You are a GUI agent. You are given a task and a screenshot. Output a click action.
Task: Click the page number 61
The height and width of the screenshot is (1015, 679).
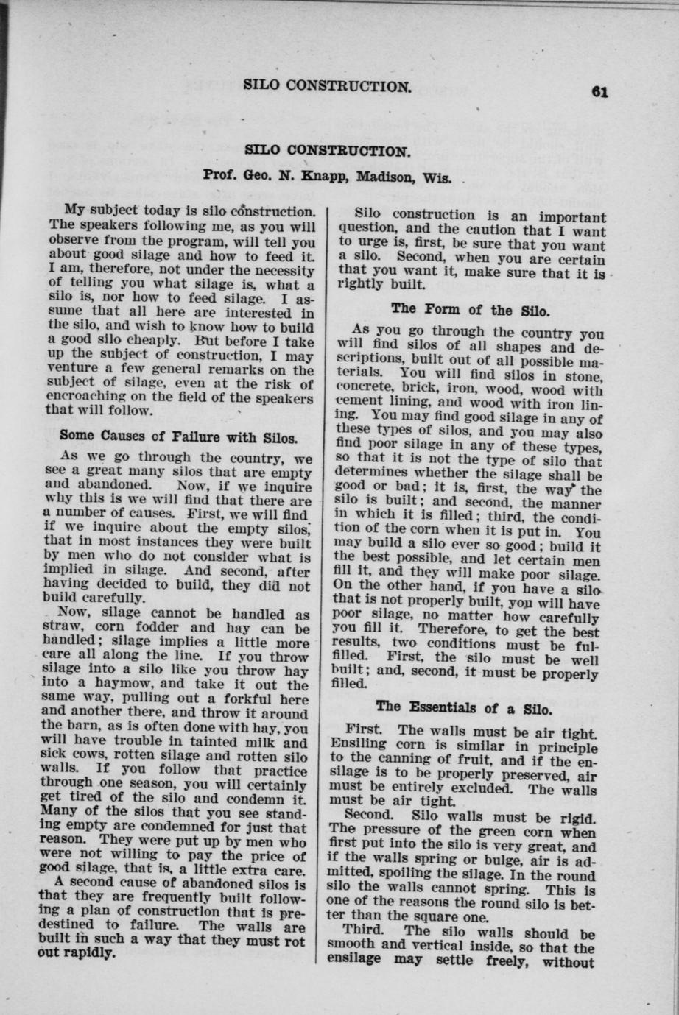(598, 92)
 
